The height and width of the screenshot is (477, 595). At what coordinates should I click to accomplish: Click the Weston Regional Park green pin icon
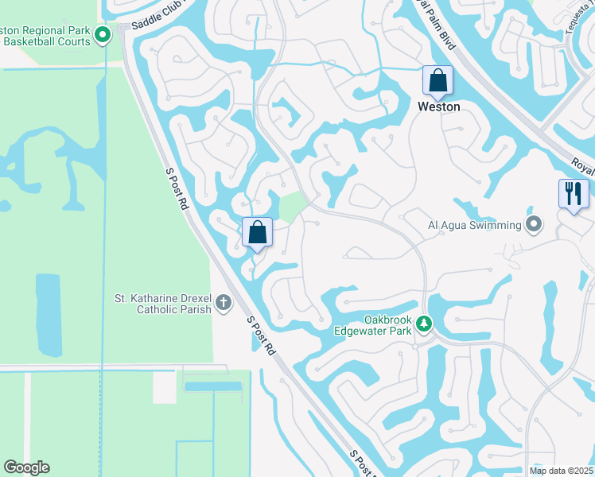click(x=103, y=35)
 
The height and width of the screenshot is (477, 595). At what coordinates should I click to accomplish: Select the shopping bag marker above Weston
click(x=437, y=81)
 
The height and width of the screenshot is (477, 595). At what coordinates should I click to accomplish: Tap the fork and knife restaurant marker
click(x=574, y=193)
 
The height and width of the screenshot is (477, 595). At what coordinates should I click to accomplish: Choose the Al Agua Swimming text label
click(x=473, y=225)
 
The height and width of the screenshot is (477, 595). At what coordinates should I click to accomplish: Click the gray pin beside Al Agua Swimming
click(x=534, y=225)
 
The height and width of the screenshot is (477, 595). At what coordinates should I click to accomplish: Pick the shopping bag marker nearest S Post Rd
click(x=257, y=234)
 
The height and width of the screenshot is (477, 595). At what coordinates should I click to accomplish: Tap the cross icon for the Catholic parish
click(x=224, y=303)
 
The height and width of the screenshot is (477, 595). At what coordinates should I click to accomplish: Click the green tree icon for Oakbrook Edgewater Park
click(x=424, y=324)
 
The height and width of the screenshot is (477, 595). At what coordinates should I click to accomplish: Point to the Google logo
click(x=26, y=467)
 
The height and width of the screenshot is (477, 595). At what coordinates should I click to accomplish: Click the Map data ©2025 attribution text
click(x=561, y=471)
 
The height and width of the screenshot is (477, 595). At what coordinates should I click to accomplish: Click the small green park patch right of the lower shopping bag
click(x=291, y=206)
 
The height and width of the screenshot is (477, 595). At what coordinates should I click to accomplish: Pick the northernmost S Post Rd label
click(x=177, y=188)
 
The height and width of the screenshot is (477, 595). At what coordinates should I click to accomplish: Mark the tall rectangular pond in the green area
click(x=48, y=315)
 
